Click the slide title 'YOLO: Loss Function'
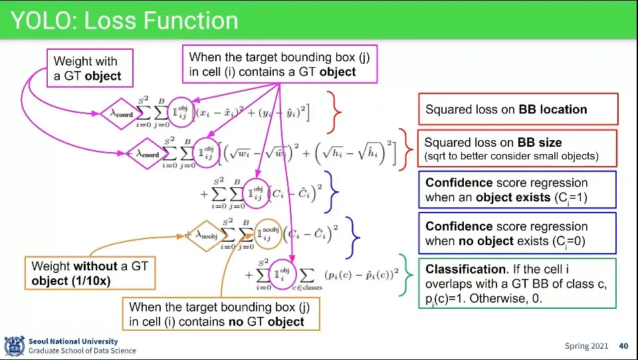124,21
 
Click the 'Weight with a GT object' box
90,68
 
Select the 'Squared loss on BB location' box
517,110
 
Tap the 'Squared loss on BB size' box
517,149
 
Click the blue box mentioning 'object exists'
517,190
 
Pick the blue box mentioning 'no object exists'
517,233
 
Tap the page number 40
623,346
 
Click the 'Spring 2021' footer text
586,346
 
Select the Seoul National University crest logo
14,346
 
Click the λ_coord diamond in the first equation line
122,113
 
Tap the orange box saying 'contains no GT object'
221,314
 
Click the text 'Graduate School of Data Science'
82,351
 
